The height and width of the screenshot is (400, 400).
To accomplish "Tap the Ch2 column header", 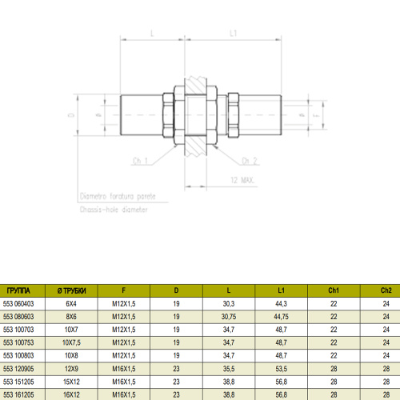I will tap(386, 291).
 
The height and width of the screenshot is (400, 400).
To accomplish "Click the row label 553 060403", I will tap(19, 304).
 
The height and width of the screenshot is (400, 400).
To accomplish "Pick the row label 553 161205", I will tap(19, 394).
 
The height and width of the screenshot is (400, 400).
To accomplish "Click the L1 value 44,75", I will tap(280, 317).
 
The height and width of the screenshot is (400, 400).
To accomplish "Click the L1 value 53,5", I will tap(280, 368).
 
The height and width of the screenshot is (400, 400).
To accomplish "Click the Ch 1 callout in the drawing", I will tap(142, 161).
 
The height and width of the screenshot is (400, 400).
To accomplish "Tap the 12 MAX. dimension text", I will tap(241, 182).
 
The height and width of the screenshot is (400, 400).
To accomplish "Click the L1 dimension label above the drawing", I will tap(233, 34).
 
